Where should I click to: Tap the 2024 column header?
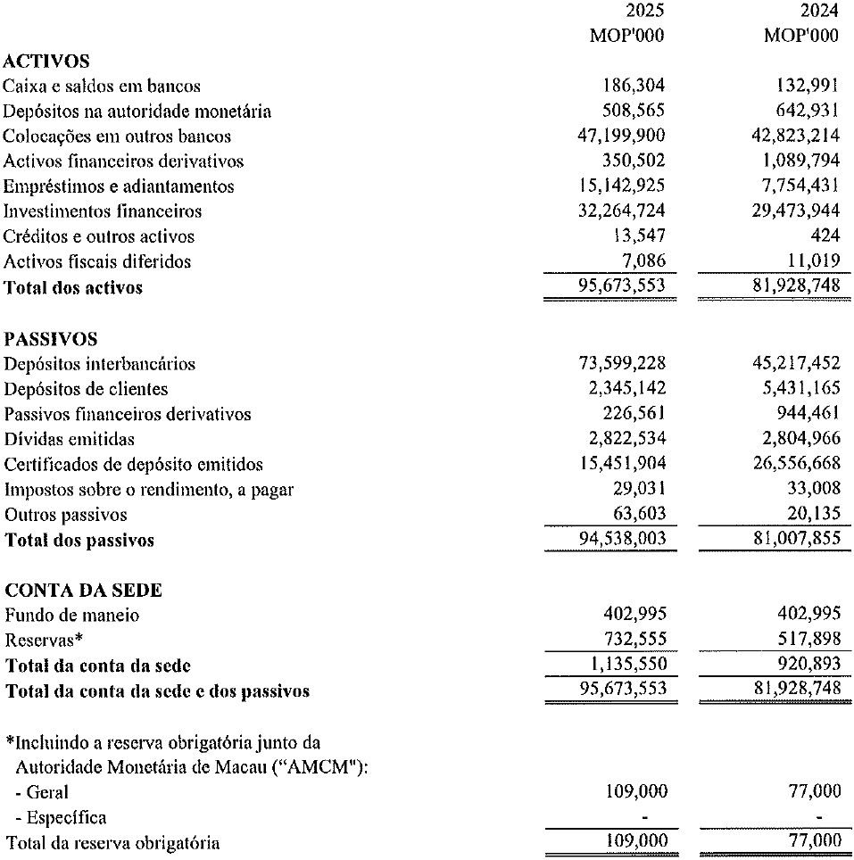pyautogui.click(x=820, y=12)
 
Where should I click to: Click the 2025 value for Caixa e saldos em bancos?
pyautogui.click(x=634, y=87)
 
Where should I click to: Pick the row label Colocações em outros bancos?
pyautogui.click(x=117, y=136)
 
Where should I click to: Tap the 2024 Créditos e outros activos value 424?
pyautogui.click(x=825, y=236)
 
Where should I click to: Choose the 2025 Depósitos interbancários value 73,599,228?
pyautogui.click(x=622, y=364)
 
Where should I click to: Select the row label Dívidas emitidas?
pyautogui.click(x=70, y=439)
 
